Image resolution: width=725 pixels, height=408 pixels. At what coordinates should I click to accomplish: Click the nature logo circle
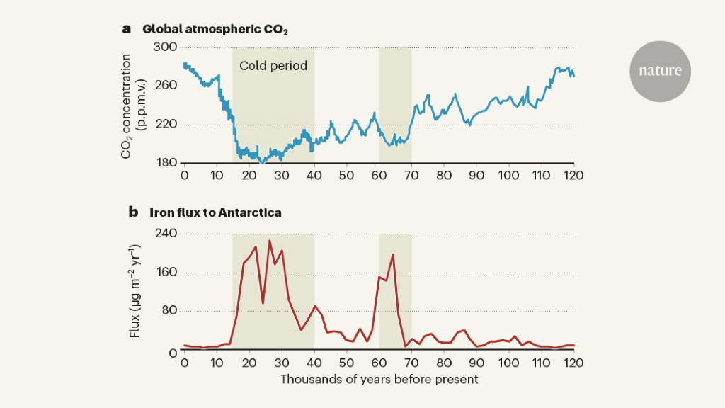[x=660, y=71]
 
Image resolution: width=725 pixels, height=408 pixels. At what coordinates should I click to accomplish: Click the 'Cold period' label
[x=273, y=66]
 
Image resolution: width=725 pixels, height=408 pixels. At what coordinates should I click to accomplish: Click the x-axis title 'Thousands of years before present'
[x=379, y=379]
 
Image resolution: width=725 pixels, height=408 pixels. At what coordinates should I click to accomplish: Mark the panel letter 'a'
[x=127, y=29]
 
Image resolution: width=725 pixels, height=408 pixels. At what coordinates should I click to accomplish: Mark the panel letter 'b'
[x=132, y=212]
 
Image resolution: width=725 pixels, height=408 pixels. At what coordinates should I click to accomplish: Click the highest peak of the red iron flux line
[x=269, y=241]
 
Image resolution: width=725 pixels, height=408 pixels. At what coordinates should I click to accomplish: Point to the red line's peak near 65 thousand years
[x=392, y=254]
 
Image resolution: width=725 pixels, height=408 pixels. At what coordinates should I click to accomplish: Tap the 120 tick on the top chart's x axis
[x=573, y=174]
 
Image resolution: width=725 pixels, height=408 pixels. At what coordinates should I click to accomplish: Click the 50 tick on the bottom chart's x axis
[x=346, y=362]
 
